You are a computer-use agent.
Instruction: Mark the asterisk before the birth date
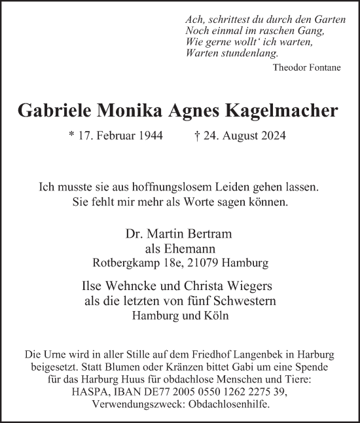pyautogui.click(x=71, y=137)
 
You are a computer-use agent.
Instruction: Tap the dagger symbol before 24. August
pyautogui.click(x=198, y=138)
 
